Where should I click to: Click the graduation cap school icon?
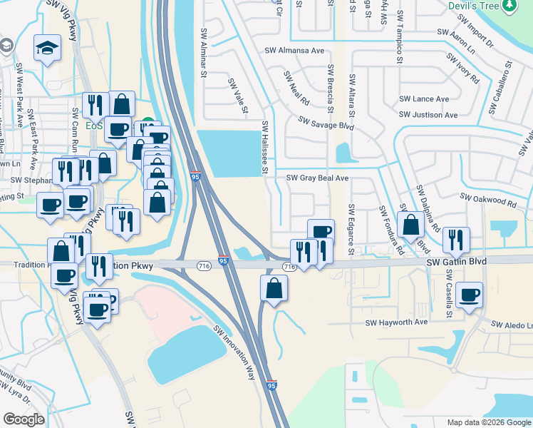(x=48, y=48)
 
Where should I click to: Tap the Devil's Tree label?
(x=473, y=6)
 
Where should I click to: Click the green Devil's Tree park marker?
(x=509, y=6)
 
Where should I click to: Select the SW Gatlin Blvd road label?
(x=456, y=263)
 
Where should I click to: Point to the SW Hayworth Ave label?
(x=396, y=322)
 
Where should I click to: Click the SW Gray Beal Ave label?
(x=317, y=178)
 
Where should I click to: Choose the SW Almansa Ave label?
(x=294, y=51)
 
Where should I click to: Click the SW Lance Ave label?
(x=424, y=99)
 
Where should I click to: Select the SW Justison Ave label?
(x=428, y=114)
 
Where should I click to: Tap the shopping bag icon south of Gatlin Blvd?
(x=274, y=288)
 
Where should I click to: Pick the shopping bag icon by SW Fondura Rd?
(x=410, y=224)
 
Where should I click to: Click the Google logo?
(x=24, y=419)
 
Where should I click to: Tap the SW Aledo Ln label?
(x=512, y=325)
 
